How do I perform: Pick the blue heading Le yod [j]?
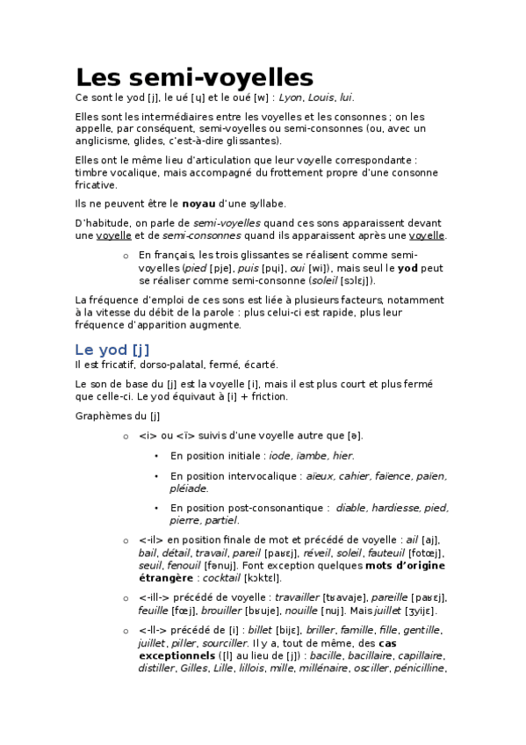[119, 350]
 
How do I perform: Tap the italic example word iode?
[280, 456]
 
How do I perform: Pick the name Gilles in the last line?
[193, 668]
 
